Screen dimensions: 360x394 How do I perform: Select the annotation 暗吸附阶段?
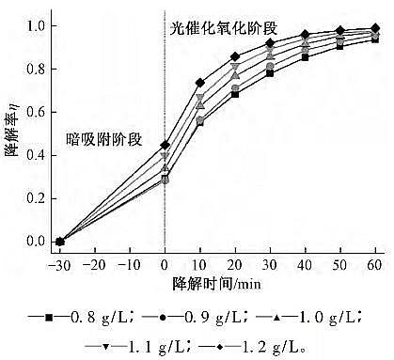(x=103, y=140)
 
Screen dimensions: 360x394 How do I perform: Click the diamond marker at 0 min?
(x=165, y=145)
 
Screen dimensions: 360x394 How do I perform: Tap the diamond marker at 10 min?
(x=199, y=83)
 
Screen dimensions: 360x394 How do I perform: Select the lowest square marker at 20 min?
(x=235, y=94)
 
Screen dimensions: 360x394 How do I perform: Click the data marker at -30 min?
(x=60, y=242)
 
